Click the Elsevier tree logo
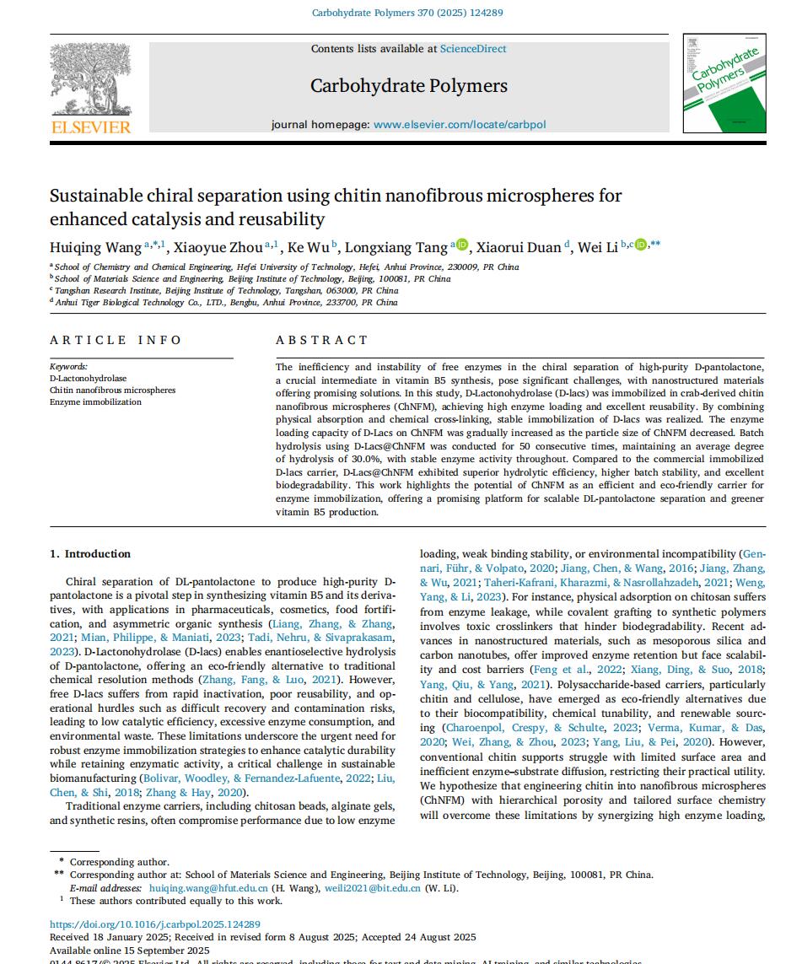(89, 78)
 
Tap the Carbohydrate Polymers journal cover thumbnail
(724, 83)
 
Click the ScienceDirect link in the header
(473, 49)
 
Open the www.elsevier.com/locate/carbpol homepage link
(460, 125)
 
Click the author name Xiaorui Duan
(519, 247)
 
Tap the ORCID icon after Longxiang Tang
(461, 245)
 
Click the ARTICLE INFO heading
(116, 340)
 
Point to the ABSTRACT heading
(322, 340)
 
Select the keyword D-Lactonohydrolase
(88, 379)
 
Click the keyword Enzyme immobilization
(95, 402)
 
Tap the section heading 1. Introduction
(90, 554)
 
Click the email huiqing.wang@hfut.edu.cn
(208, 888)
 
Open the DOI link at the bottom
(155, 924)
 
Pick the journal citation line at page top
(407, 13)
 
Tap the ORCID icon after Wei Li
(640, 245)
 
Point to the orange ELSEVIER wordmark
(91, 127)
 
